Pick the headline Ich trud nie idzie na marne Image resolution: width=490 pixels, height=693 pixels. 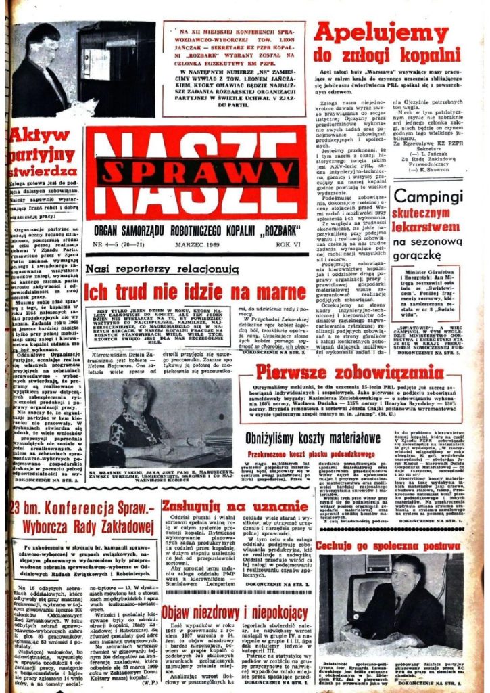click(195, 293)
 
